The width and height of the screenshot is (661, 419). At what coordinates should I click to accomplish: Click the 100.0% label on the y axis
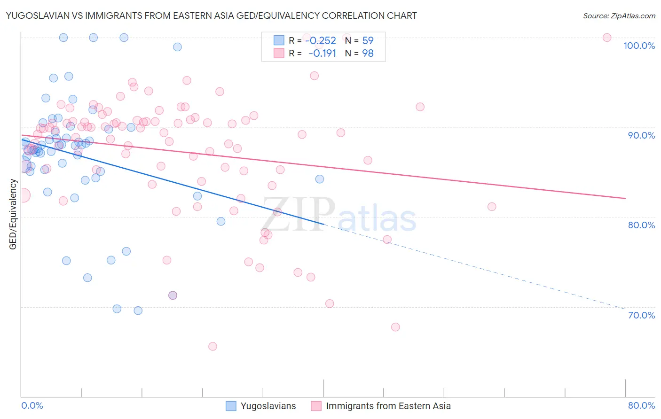point(639,46)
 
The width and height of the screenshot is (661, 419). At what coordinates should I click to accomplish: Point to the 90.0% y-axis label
point(641,135)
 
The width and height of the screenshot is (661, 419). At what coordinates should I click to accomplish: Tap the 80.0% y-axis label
point(641,225)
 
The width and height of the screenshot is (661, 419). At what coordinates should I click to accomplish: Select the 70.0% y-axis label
point(641,315)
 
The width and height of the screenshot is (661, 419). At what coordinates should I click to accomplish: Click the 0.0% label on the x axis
point(32,405)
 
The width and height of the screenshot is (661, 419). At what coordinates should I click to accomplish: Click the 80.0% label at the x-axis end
point(641,405)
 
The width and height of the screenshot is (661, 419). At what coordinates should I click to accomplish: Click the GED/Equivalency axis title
point(13,214)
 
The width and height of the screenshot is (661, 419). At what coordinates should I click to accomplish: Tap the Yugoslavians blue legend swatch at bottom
point(231,406)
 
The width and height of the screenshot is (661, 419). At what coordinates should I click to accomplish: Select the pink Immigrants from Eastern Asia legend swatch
point(316,406)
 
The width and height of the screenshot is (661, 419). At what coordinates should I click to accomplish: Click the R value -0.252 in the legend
point(321,41)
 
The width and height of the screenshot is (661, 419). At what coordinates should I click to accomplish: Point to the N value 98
point(368,54)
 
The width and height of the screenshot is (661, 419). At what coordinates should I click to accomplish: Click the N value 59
point(368,41)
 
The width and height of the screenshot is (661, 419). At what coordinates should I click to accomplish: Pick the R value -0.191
point(322,54)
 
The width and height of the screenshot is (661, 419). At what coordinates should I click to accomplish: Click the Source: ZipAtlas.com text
point(619,16)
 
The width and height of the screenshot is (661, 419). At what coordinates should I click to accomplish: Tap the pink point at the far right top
point(607,38)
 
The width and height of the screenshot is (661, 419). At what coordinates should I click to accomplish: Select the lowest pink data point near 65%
point(212,346)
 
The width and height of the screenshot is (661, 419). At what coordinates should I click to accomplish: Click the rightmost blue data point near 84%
point(320,179)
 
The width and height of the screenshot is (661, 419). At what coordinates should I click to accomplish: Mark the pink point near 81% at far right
point(492,207)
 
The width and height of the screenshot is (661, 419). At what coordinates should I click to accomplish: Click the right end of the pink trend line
point(625,198)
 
